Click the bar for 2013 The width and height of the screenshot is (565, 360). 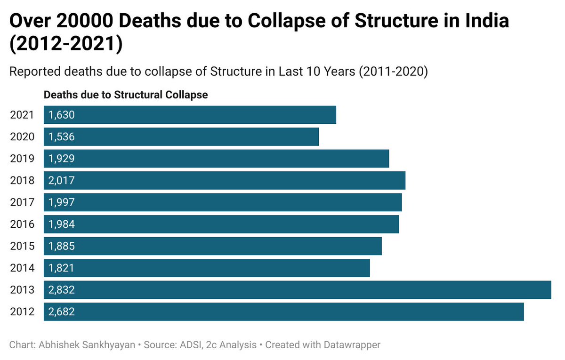pyautogui.click(x=297, y=290)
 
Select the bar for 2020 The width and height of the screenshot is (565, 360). pyautogui.click(x=181, y=137)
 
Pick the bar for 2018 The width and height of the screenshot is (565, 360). pyautogui.click(x=225, y=180)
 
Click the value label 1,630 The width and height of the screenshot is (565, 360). pyautogui.click(x=61, y=115)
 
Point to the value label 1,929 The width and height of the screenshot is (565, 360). pyautogui.click(x=61, y=159)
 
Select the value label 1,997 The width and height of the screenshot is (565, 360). pyautogui.click(x=61, y=202)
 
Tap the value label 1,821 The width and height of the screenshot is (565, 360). pyautogui.click(x=61, y=268)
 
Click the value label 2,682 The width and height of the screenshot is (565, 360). pyautogui.click(x=61, y=312)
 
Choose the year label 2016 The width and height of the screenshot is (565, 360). pyautogui.click(x=22, y=224)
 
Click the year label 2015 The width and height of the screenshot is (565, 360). pyautogui.click(x=22, y=246)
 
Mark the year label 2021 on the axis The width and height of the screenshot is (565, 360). pyautogui.click(x=22, y=115)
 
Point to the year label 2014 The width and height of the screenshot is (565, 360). pyautogui.click(x=22, y=268)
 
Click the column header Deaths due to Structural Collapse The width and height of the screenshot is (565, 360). pyautogui.click(x=126, y=95)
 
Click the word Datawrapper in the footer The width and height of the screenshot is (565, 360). pyautogui.click(x=352, y=345)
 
